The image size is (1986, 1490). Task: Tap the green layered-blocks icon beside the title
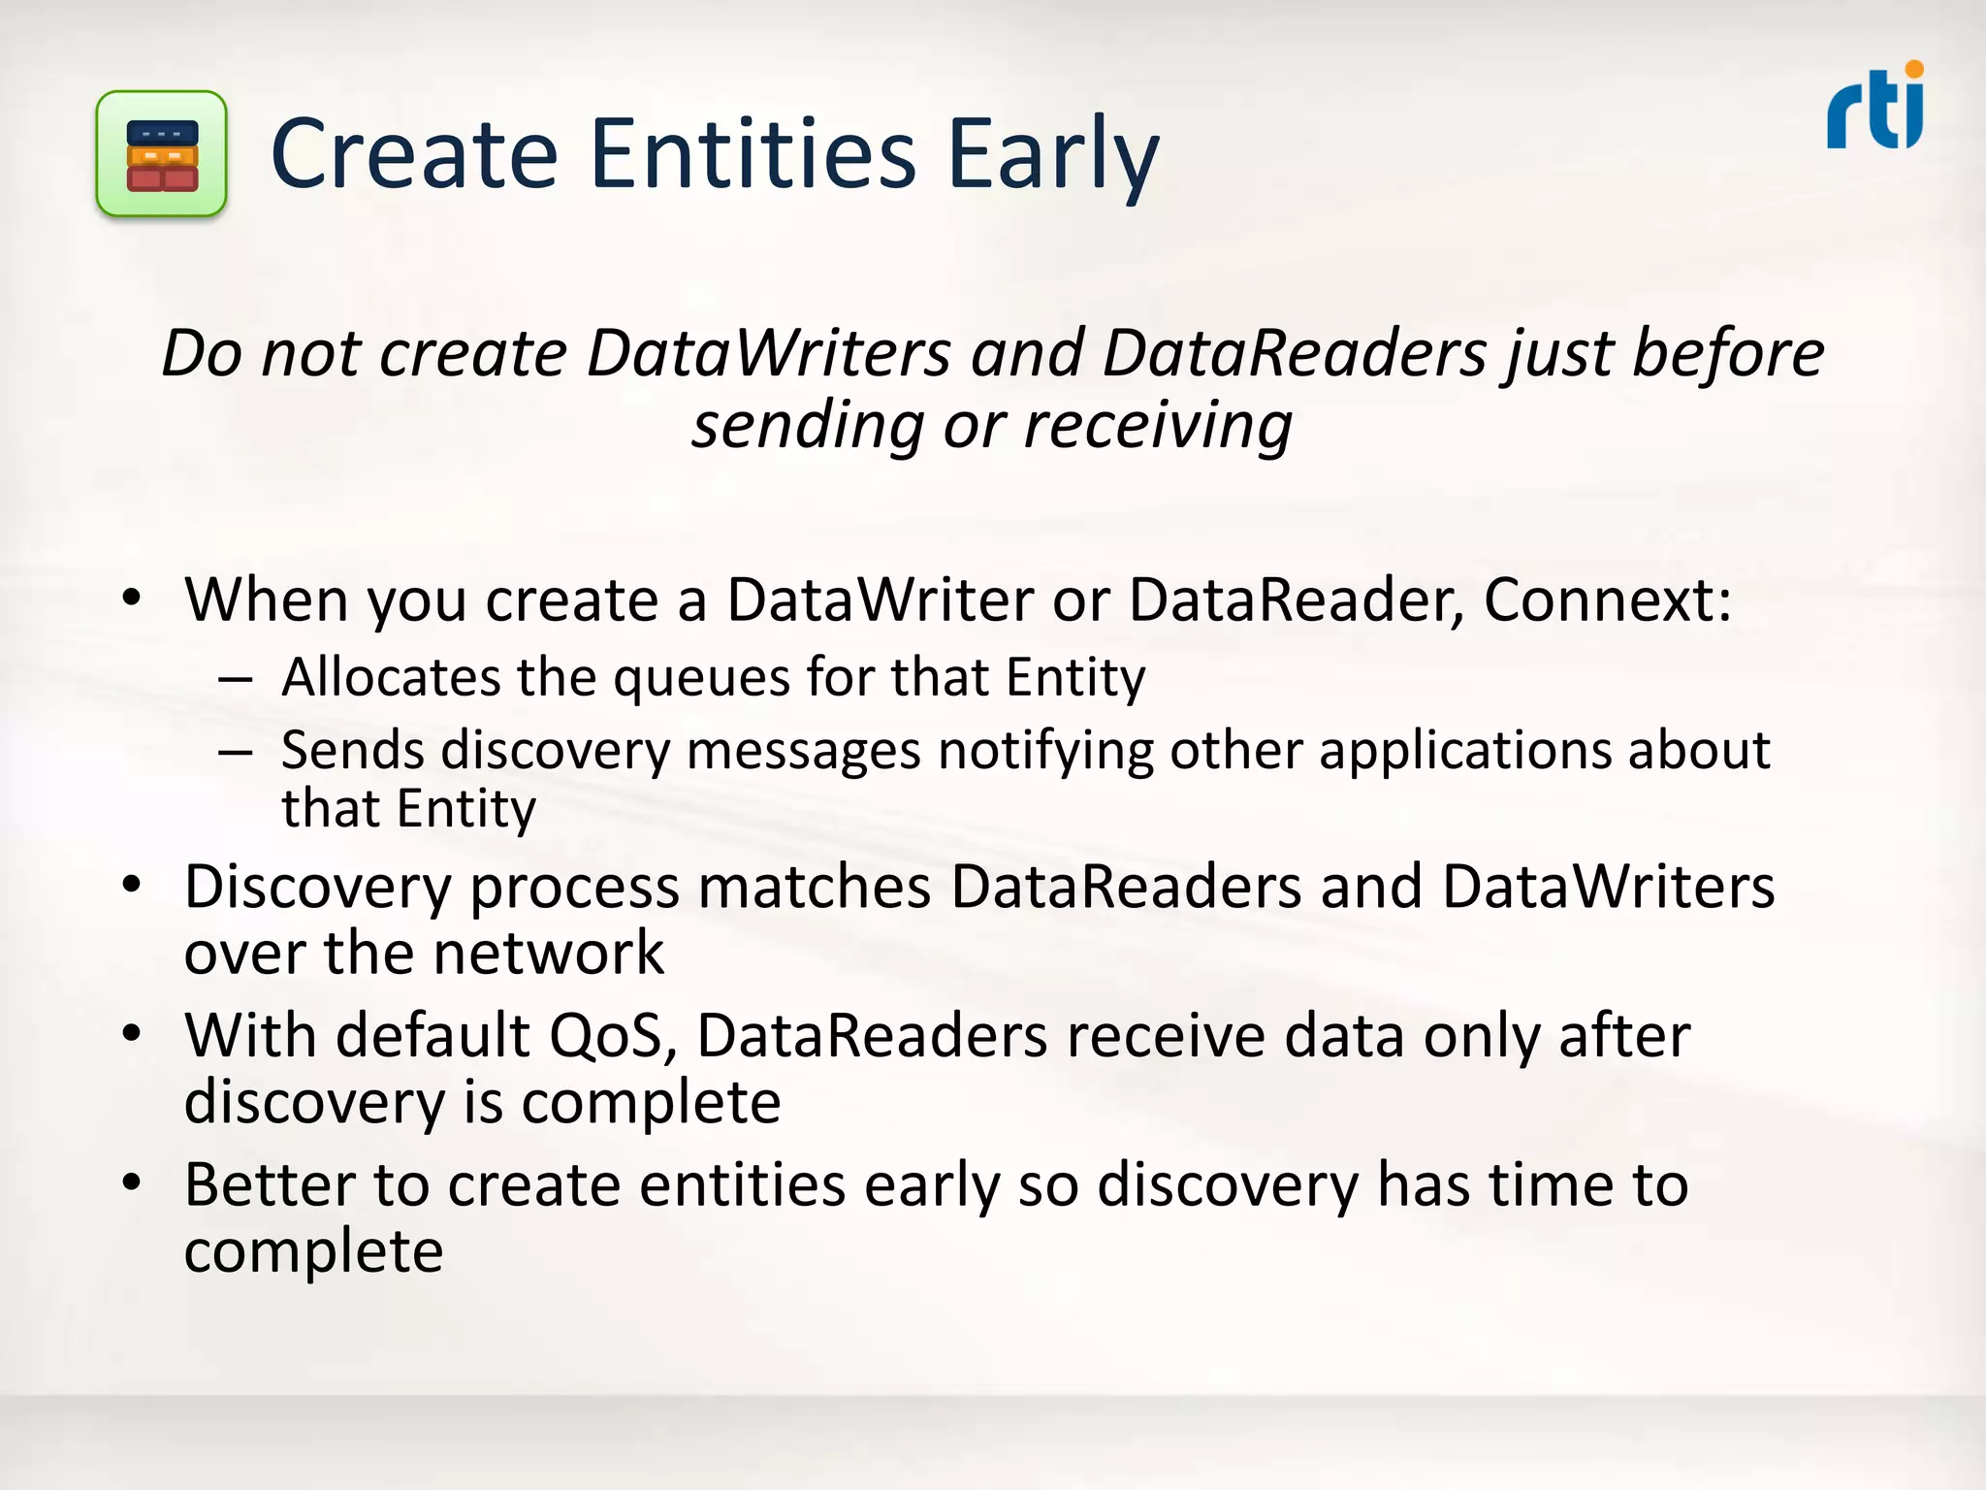click(x=162, y=154)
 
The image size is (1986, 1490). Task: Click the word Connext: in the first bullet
click(x=1607, y=599)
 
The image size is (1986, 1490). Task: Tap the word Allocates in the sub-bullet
click(x=391, y=677)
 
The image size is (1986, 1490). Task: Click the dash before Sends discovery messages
click(x=235, y=752)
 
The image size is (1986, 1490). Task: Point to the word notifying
click(x=1044, y=752)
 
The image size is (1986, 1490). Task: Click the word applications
click(x=1463, y=752)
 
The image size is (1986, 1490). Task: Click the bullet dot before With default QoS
click(x=133, y=1034)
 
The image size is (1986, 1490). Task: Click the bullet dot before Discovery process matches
click(x=133, y=885)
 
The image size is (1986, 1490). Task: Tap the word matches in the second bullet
click(x=815, y=887)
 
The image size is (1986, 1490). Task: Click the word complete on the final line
click(x=313, y=1252)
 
